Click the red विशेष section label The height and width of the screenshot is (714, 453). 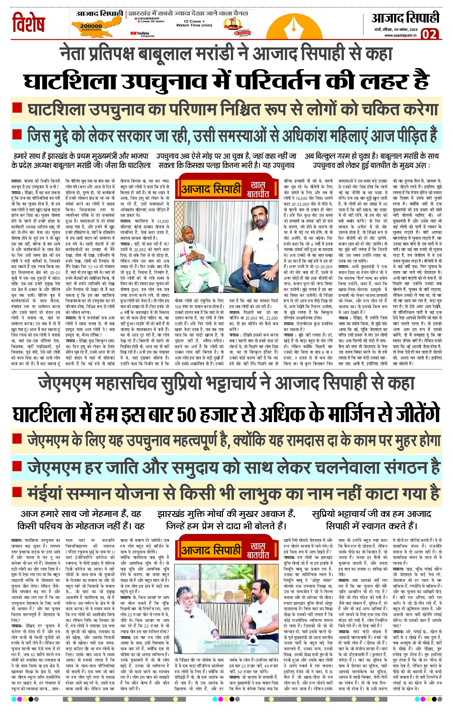point(29,23)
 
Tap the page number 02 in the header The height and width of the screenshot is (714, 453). point(429,35)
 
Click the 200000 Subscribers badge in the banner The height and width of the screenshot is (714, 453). point(91,27)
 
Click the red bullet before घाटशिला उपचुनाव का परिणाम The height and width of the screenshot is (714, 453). point(17,108)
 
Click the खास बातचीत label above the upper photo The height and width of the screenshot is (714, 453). point(258,189)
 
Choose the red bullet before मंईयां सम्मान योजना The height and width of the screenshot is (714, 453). point(17,492)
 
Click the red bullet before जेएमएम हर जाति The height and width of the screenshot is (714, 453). point(17,466)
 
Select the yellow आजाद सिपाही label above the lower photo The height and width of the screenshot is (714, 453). point(211,550)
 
